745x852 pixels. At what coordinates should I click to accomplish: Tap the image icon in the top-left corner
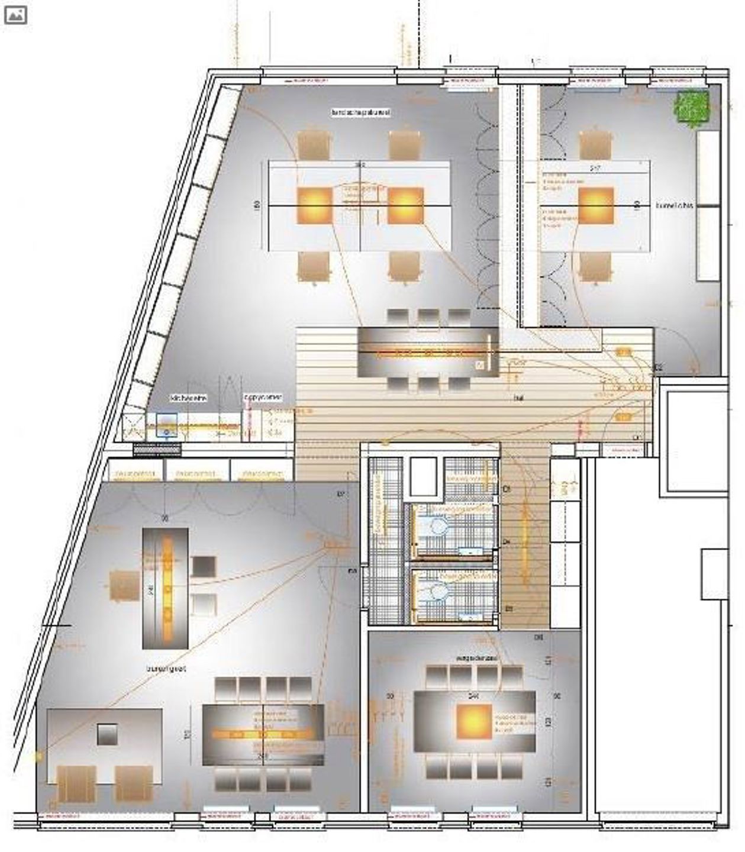15,15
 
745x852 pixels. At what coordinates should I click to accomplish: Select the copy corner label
263,398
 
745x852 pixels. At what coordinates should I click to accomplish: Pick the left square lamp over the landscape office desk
315,205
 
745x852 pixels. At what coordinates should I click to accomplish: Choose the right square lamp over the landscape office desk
406,205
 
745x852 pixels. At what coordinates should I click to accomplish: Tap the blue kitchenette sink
167,425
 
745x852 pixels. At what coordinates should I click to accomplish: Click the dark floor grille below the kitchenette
157,450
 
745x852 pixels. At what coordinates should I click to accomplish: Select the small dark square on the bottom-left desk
107,734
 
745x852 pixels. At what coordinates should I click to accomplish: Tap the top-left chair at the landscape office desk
313,146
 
